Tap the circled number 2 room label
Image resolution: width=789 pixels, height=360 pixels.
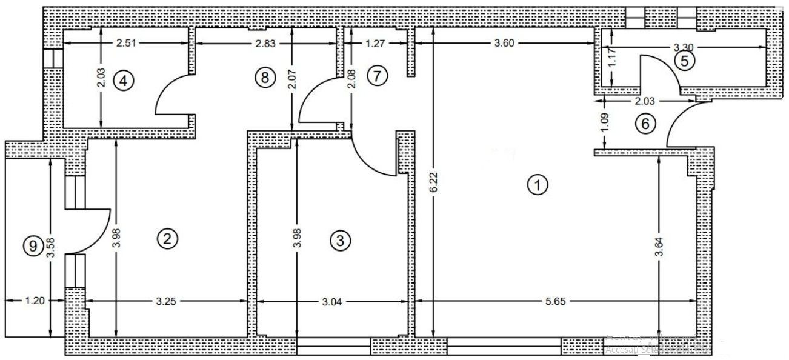click(167, 238)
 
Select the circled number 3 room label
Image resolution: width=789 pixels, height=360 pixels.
click(340, 241)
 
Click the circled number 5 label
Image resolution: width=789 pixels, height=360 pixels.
click(685, 61)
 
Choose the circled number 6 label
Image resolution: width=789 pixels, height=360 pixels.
click(645, 124)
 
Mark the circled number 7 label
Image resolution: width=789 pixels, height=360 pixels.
click(377, 76)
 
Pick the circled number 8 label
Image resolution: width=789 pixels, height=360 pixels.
click(264, 77)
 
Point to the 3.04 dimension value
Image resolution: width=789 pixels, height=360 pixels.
click(330, 301)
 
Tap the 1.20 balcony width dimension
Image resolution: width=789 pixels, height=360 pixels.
click(35, 300)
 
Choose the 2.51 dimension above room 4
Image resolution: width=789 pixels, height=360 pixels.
click(127, 43)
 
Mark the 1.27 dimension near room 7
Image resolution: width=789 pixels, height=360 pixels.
click(376, 43)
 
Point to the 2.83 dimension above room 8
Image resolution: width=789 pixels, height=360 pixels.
click(267, 43)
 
